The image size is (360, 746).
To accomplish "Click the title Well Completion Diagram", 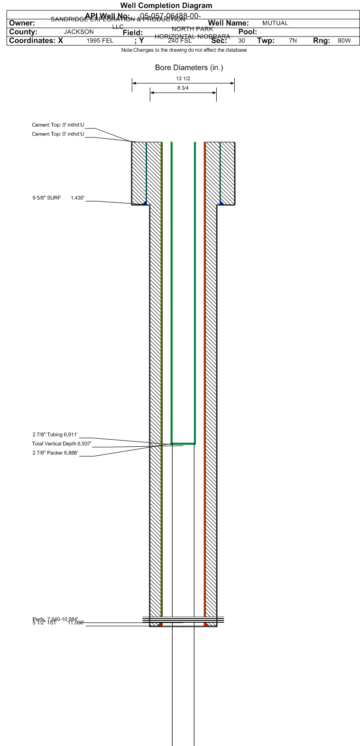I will [166, 6].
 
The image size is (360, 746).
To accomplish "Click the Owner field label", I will [22, 23].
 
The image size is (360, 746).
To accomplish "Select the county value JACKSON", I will [79, 32].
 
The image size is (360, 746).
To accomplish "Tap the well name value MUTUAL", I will [275, 23].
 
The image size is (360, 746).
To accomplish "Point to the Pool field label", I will [244, 32].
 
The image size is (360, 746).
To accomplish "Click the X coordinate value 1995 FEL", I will [100, 41].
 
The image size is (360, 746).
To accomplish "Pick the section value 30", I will [241, 41].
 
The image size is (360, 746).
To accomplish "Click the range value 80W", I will [344, 41].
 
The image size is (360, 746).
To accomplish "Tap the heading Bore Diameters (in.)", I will [189, 68].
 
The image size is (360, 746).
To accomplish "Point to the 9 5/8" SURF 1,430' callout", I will [58, 198].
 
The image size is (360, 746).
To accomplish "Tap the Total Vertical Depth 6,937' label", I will [62, 443].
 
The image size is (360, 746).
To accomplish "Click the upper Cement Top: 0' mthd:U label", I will [58, 125].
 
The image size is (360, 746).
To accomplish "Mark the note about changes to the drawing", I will [184, 50].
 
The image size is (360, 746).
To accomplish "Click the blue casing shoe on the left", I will [145, 203].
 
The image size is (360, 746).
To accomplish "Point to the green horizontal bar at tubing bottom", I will [183, 444].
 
